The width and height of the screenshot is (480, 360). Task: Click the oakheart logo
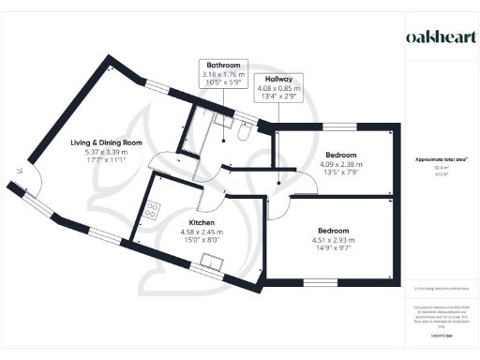point(440,37)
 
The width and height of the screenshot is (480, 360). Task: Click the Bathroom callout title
point(224,66)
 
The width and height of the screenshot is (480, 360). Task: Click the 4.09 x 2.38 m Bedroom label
point(340,154)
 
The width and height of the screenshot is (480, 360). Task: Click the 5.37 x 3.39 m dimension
point(105,152)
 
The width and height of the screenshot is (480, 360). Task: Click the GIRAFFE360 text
point(441,335)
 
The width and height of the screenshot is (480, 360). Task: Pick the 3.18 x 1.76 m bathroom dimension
point(224,75)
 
